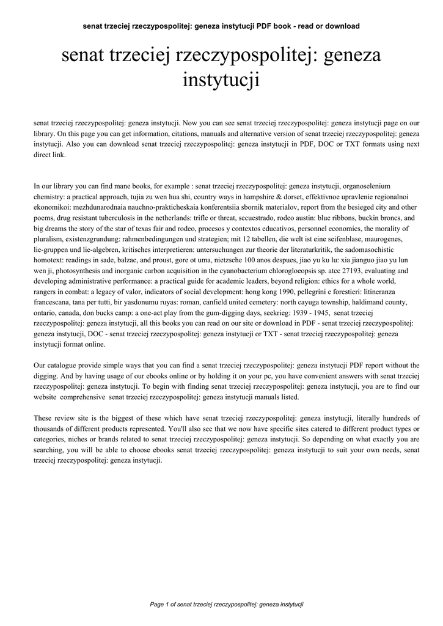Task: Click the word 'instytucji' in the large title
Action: point(221,79)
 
